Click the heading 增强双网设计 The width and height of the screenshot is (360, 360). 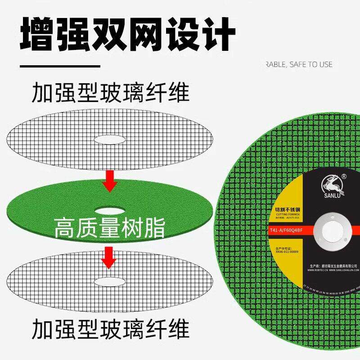coord(128,33)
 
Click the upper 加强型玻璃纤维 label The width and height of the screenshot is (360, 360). coord(110,94)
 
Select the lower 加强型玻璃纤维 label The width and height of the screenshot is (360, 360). coord(110,330)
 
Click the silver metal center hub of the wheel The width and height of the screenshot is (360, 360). coord(333,230)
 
